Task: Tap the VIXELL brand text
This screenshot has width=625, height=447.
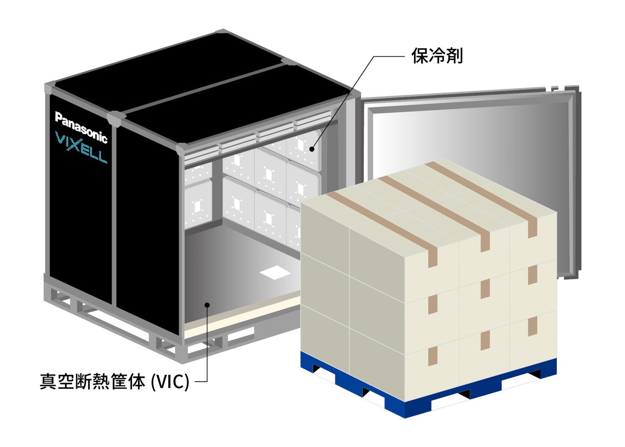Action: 81,148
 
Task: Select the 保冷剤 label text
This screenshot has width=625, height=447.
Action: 437,56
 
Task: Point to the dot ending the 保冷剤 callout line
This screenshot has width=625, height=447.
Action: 312,148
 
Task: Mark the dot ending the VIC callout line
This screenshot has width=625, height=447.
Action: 207,305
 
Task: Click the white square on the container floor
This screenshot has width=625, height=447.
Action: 275,272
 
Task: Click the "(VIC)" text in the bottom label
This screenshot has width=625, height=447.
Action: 170,381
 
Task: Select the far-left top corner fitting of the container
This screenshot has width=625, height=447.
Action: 50,88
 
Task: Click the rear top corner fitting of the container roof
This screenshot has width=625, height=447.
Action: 221,32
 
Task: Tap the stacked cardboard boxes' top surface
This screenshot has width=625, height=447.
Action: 430,199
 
